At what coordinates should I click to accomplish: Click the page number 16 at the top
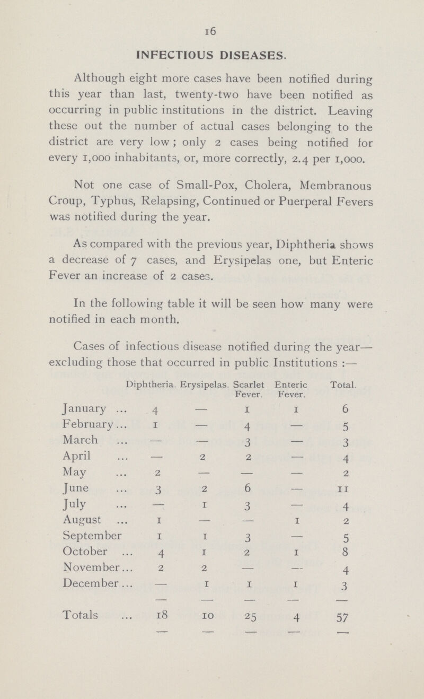click(x=212, y=33)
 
